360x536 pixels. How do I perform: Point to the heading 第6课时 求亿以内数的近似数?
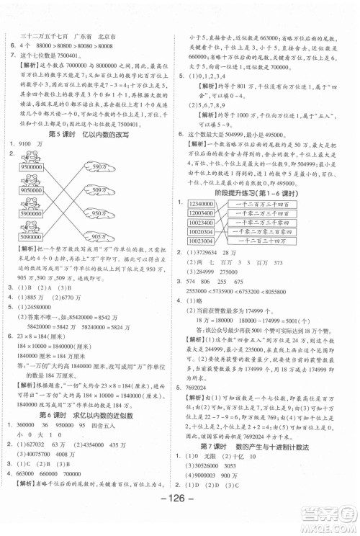tap(85, 416)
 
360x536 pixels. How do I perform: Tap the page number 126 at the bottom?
tap(180, 514)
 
